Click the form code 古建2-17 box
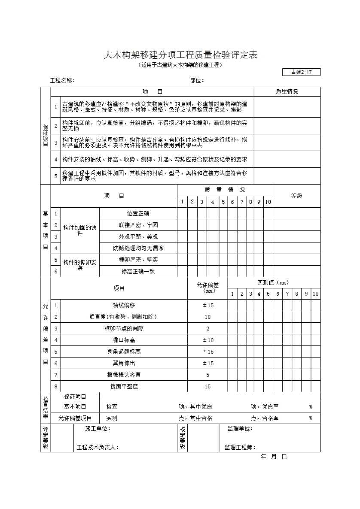(301, 72)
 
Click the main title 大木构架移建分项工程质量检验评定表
(180, 55)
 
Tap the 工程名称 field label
(63, 80)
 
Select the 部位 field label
(197, 80)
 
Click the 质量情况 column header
(287, 91)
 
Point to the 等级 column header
(296, 196)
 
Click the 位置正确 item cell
(138, 213)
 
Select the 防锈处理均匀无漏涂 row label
(138, 248)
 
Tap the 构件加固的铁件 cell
(80, 230)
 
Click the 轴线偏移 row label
(124, 305)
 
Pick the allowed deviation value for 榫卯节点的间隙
(207, 328)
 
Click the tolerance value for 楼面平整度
(207, 386)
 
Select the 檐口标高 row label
(124, 340)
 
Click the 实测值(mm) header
(273, 282)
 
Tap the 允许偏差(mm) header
(207, 288)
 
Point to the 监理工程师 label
(240, 448)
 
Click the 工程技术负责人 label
(98, 448)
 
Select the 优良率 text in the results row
(270, 406)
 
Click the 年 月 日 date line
(274, 457)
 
